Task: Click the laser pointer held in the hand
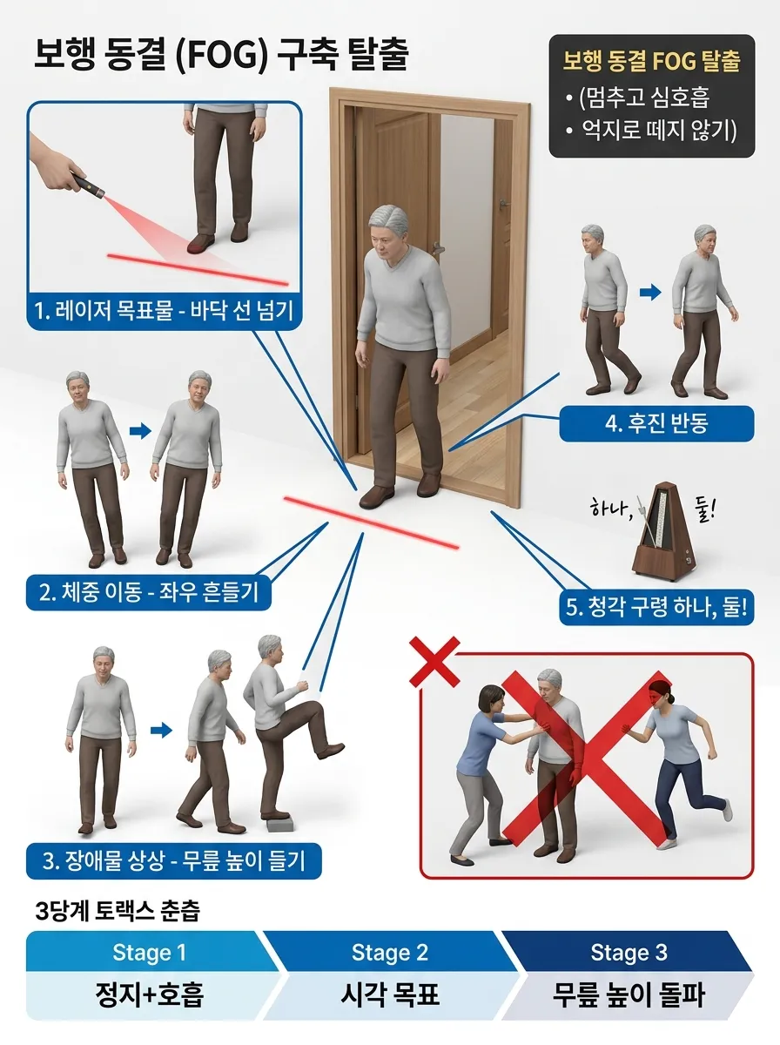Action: pos(89,185)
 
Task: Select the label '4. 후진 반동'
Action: pos(656,423)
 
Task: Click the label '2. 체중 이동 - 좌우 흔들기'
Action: pos(149,593)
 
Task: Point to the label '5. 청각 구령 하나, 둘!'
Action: pos(656,608)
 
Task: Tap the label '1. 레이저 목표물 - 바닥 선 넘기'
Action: pos(165,311)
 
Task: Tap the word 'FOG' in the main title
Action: pos(222,56)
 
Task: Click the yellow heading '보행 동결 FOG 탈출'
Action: pos(651,61)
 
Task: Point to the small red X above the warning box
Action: pos(434,662)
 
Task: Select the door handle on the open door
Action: pos(438,248)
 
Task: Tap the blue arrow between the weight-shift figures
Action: pos(140,431)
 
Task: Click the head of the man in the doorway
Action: pos(388,232)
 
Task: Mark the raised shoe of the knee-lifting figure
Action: pos(330,751)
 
